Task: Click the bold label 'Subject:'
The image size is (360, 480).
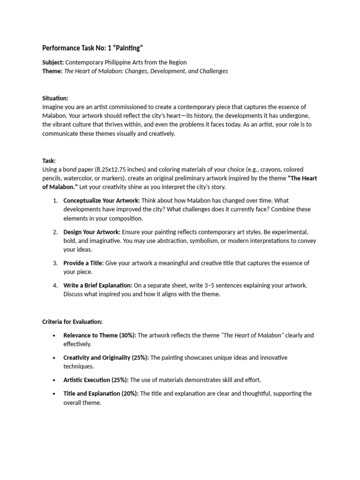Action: click(53, 62)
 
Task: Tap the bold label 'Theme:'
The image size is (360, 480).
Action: click(52, 71)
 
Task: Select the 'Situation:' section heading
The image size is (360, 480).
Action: click(55, 98)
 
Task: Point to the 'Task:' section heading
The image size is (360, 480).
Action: click(49, 160)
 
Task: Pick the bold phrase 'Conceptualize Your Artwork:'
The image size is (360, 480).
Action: click(101, 201)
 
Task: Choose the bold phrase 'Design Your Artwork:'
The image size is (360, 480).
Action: click(92, 232)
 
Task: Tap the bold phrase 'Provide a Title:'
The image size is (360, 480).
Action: click(83, 263)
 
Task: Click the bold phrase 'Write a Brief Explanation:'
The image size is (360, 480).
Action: click(98, 285)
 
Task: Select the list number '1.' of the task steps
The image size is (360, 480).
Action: click(55, 201)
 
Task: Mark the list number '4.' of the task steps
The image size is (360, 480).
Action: click(55, 285)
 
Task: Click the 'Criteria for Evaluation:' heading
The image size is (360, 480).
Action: click(72, 322)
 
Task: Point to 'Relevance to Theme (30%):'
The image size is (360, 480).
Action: click(100, 335)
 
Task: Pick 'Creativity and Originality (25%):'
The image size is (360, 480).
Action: click(106, 358)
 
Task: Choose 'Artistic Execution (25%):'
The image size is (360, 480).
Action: click(96, 380)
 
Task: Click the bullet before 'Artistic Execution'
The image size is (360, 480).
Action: click(55, 380)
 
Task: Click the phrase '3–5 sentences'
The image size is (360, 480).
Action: click(257, 285)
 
